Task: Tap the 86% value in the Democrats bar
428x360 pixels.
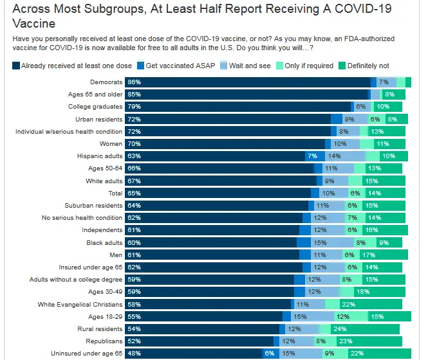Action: tap(134, 82)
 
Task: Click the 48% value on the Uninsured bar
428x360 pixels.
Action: tap(134, 354)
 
